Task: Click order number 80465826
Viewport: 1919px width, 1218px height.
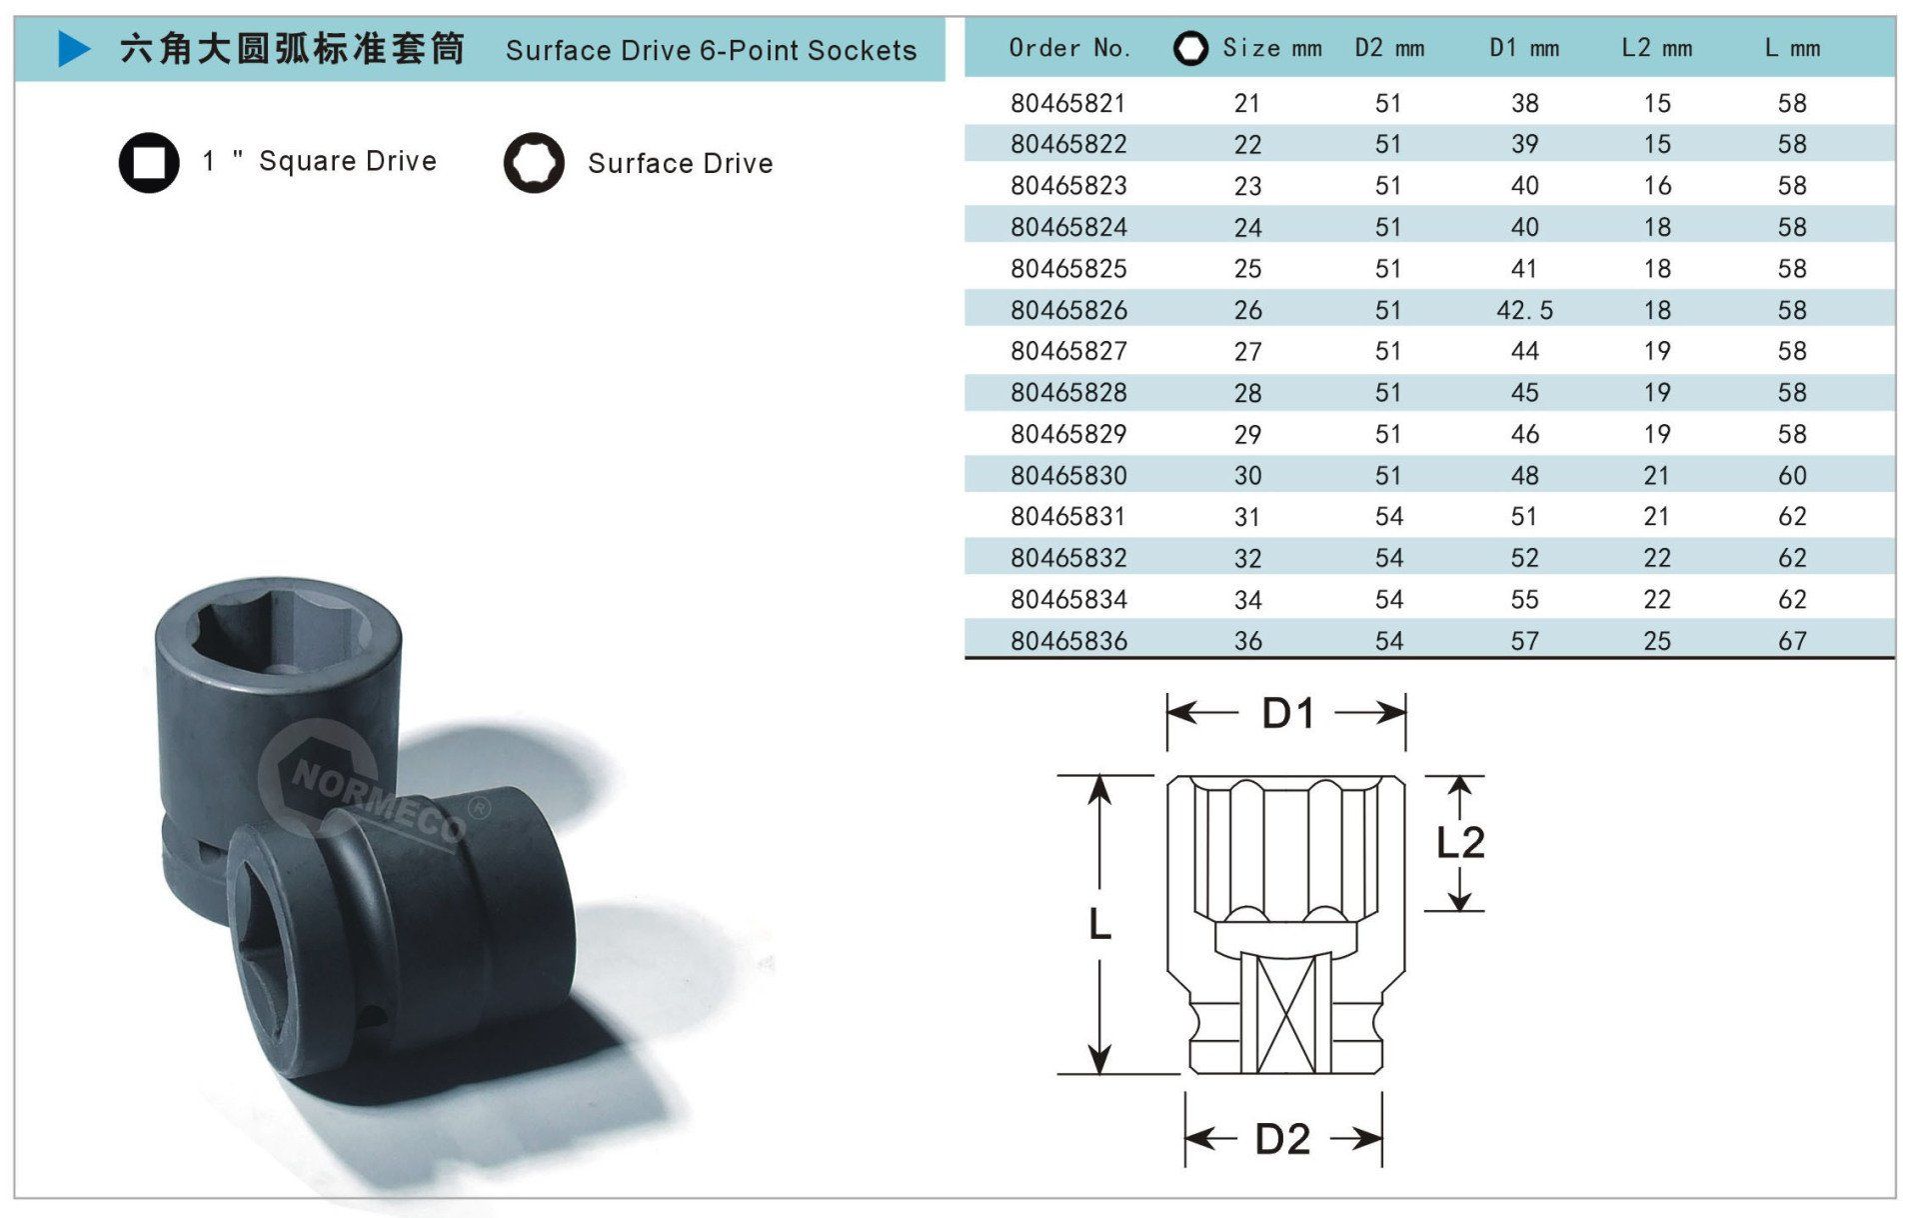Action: pyautogui.click(x=1068, y=310)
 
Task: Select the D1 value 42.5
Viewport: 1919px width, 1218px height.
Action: pyautogui.click(x=1524, y=310)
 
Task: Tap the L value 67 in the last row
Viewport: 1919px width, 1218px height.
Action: pyautogui.click(x=1792, y=641)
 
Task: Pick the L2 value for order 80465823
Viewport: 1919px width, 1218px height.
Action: pyautogui.click(x=1657, y=186)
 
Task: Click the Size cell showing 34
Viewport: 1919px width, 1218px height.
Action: pyautogui.click(x=1247, y=600)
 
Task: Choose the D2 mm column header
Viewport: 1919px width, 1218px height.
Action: pyautogui.click(x=1389, y=48)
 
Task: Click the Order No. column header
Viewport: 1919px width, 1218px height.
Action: pyautogui.click(x=1069, y=48)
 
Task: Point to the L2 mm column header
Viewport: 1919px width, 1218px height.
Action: pyautogui.click(x=1657, y=48)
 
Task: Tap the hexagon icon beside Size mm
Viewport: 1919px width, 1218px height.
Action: pyautogui.click(x=1190, y=48)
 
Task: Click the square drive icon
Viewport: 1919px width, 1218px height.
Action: pyautogui.click(x=149, y=162)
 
